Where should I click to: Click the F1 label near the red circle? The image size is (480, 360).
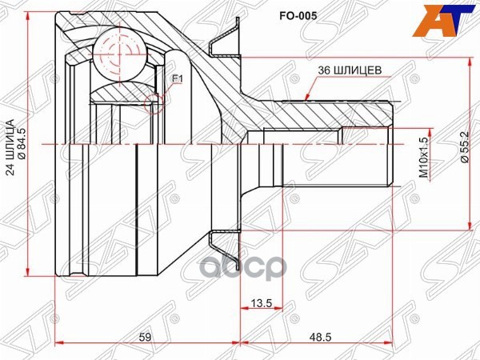(178, 78)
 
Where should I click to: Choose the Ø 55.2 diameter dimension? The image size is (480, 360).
(463, 151)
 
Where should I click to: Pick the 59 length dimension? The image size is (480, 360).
(145, 337)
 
